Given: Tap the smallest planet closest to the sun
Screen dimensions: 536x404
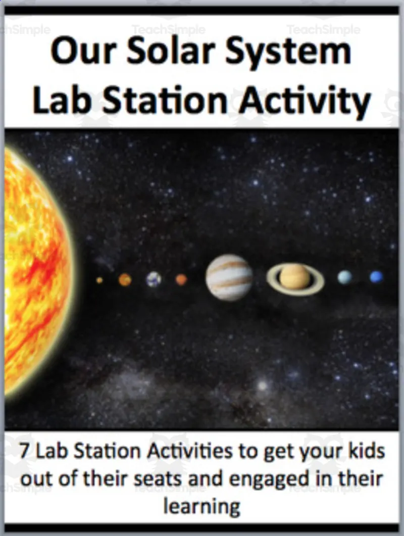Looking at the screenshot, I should (99, 280).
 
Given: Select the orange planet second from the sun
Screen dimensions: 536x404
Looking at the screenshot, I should (125, 279).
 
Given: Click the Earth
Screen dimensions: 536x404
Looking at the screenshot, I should (154, 279).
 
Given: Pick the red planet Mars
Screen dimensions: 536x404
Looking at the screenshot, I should (181, 279).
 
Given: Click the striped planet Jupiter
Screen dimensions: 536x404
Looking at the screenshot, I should (229, 277).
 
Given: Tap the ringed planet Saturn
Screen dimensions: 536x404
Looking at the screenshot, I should (295, 278).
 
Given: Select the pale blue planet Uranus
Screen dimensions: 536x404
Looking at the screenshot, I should (345, 277).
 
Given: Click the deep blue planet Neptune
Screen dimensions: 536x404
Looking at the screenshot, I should (376, 277).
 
